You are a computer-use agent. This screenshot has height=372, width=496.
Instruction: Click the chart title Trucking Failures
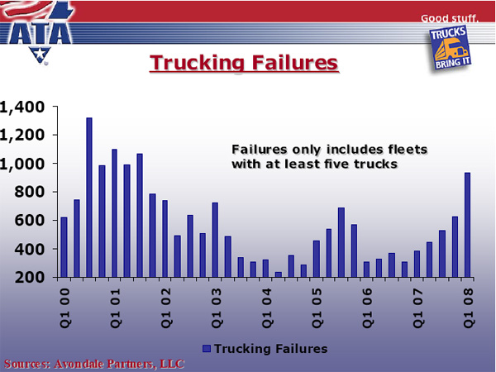pyautogui.click(x=244, y=63)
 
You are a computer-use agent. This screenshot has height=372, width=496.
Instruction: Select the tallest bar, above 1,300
pyautogui.click(x=89, y=198)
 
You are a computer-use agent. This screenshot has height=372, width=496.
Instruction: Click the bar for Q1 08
pyautogui.click(x=467, y=225)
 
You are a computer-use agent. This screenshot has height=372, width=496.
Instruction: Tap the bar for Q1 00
pyautogui.click(x=64, y=247)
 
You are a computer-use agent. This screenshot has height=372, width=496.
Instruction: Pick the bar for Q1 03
pyautogui.click(x=215, y=240)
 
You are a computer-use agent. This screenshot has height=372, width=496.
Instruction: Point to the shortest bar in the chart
pyautogui.click(x=279, y=274)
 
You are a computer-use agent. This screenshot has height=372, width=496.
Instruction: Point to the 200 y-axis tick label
pyautogui.click(x=30, y=278)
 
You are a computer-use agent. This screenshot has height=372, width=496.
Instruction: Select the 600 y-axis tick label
pyautogui.click(x=30, y=220)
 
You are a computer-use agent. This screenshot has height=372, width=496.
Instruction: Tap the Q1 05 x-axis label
pyautogui.click(x=317, y=308)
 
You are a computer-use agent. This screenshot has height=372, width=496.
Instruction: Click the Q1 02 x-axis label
pyautogui.click(x=165, y=308)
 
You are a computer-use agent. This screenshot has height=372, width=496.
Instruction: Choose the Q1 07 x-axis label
pyautogui.click(x=417, y=308)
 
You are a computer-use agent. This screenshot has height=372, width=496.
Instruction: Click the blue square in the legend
pyautogui.click(x=207, y=349)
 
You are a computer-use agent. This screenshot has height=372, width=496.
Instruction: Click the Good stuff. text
pyautogui.click(x=450, y=18)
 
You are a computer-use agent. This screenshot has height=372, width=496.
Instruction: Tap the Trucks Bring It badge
pyautogui.click(x=451, y=48)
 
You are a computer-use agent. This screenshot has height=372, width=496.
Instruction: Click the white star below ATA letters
pyautogui.click(x=40, y=54)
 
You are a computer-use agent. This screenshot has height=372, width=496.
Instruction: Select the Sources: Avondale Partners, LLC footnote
pyautogui.click(x=94, y=364)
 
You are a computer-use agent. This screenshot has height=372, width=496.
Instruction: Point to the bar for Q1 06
pyautogui.click(x=366, y=269)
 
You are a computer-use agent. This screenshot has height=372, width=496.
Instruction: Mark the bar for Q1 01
pyautogui.click(x=115, y=213)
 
